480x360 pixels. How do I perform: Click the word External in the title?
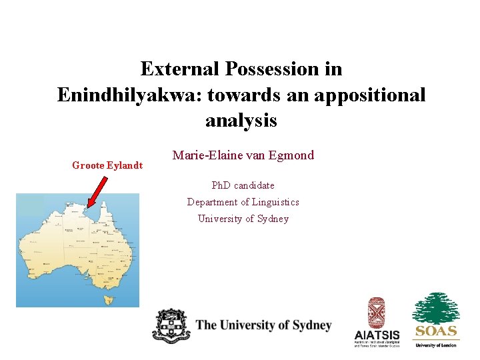[181, 69]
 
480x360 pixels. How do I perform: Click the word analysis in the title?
[241, 121]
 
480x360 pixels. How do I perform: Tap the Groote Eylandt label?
[107, 165]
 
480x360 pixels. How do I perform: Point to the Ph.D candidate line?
[243, 185]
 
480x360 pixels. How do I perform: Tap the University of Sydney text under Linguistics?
[243, 219]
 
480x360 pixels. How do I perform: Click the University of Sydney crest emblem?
[171, 326]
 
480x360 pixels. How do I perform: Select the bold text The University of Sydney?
[263, 325]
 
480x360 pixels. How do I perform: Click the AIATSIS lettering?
[377, 335]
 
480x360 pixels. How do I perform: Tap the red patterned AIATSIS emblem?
[377, 312]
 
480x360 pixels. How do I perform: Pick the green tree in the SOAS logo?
[436, 308]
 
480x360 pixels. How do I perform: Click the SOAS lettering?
[436, 331]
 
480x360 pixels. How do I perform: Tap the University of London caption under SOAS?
[436, 345]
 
